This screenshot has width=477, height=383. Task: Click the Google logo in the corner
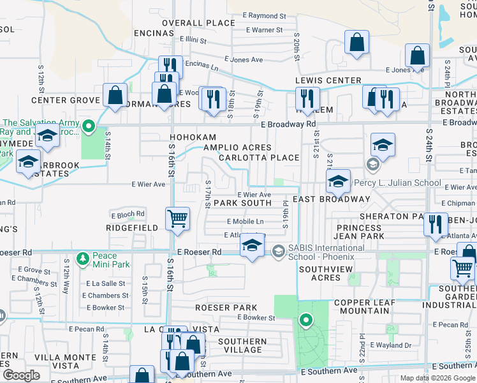click(21, 375)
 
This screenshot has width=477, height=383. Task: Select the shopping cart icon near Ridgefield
click(177, 219)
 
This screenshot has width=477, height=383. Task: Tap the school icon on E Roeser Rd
click(253, 247)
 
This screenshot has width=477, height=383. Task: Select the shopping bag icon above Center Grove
click(115, 95)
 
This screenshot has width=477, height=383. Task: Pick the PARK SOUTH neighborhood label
click(242, 203)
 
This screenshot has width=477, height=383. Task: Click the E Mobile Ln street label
click(246, 221)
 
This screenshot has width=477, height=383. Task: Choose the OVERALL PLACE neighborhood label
click(198, 23)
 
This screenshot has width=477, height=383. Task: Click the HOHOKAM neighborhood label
click(193, 137)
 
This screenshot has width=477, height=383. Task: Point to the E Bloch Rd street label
click(128, 214)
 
